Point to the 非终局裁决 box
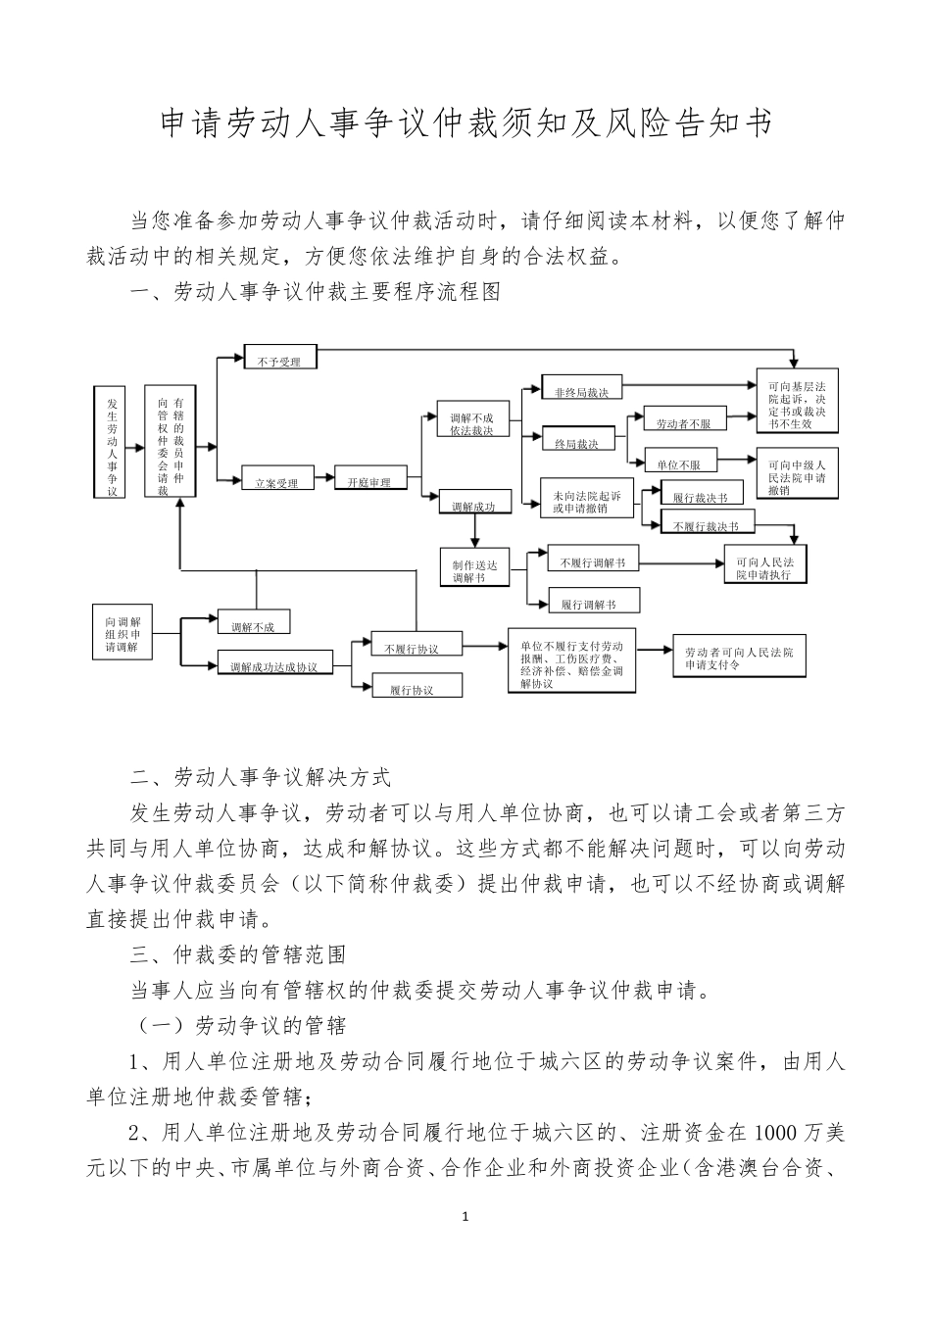click(x=581, y=391)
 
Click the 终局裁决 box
click(x=576, y=442)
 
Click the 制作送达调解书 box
click(x=475, y=569)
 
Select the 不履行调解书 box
click(x=593, y=561)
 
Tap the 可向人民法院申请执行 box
click(x=764, y=567)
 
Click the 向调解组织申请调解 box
click(x=122, y=634)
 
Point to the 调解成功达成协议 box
click(x=273, y=664)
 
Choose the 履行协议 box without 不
click(x=412, y=688)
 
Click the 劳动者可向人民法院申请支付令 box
click(x=739, y=658)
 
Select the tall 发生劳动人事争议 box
click(x=113, y=442)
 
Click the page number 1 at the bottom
click(x=465, y=1217)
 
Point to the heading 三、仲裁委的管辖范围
click(x=238, y=953)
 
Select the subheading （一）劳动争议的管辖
click(x=239, y=1026)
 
